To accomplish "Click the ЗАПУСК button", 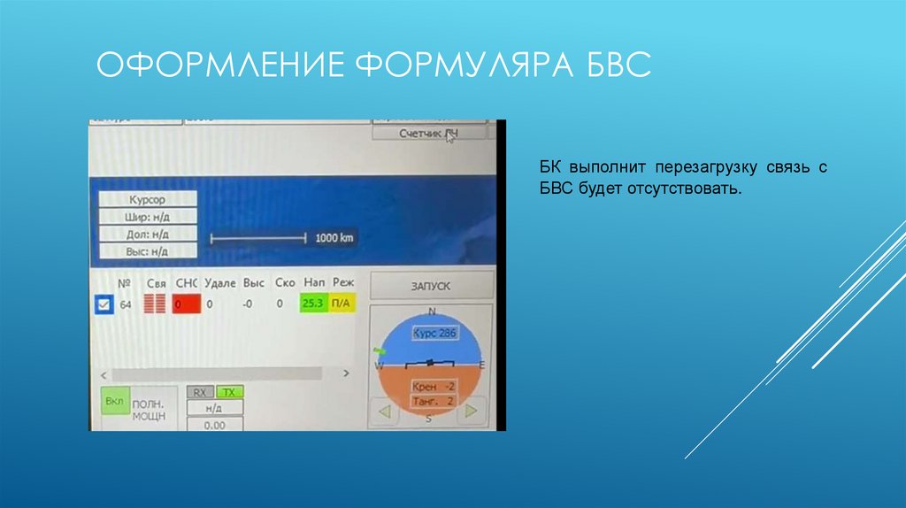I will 431,286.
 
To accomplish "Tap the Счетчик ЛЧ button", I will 429,134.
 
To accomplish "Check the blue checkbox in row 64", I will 103,304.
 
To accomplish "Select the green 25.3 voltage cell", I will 313,304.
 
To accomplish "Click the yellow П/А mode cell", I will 342,304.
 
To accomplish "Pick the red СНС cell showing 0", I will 186,304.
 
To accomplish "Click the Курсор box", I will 147,200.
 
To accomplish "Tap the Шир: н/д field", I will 147,217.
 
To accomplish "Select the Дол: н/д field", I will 147,234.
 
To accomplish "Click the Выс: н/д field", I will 147,251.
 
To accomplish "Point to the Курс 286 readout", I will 434,335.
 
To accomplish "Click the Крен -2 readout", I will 433,388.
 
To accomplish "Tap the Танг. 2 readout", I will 433,402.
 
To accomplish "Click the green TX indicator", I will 229,392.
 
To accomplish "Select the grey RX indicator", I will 200,392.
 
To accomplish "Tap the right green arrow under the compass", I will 472,411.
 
